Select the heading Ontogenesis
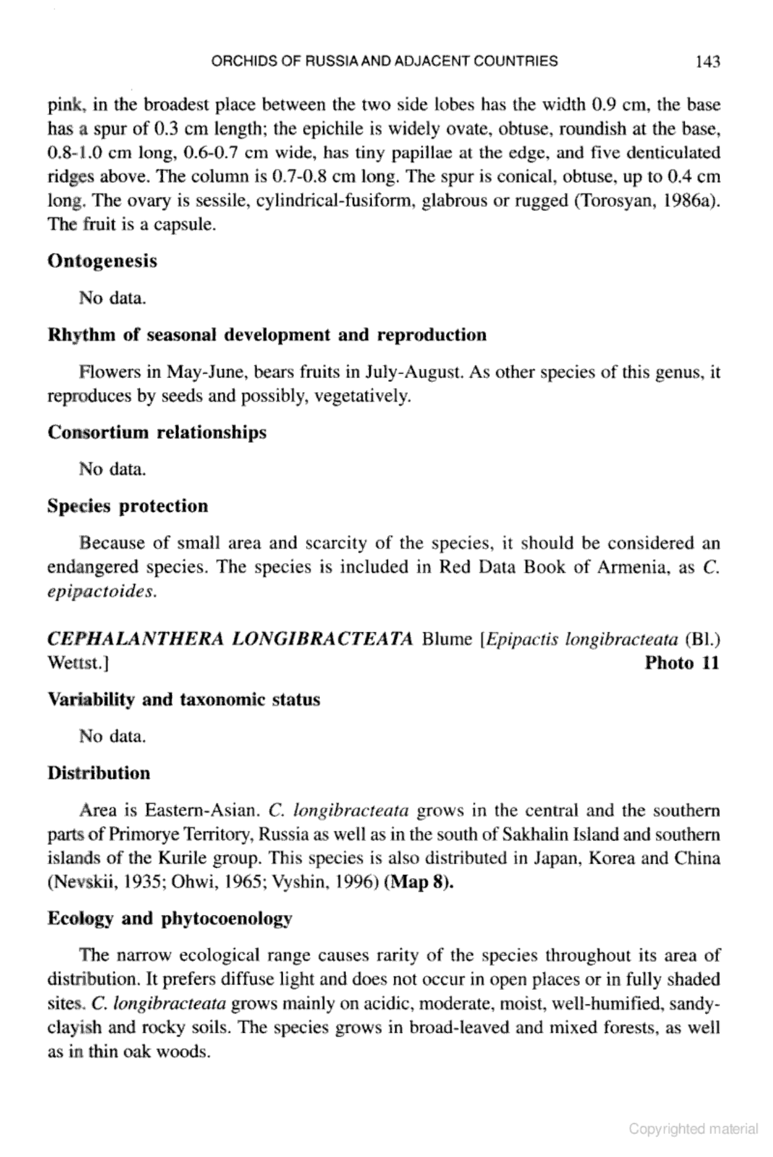(102, 261)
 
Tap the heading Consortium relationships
(157, 433)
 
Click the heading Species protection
(128, 506)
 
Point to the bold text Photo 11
(682, 663)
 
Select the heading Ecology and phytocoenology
(169, 919)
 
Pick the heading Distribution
(99, 773)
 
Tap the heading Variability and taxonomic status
(184, 700)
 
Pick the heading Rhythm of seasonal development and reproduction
(267, 335)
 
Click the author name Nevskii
(77, 882)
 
